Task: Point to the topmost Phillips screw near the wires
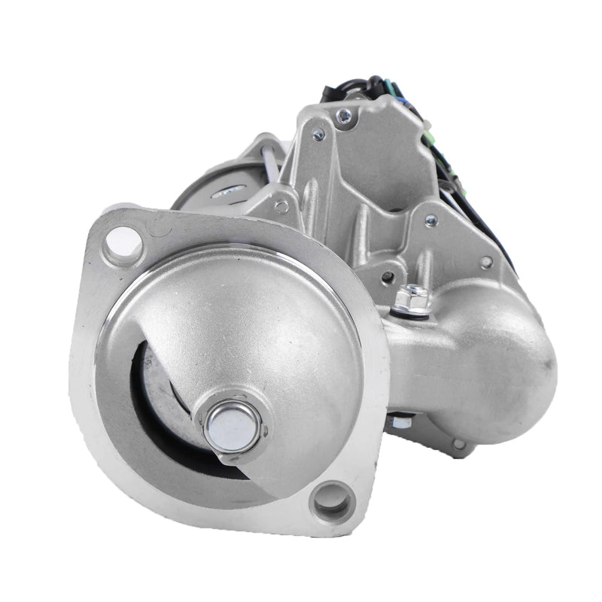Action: (x=345, y=114)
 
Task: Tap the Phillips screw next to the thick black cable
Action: (x=431, y=220)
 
